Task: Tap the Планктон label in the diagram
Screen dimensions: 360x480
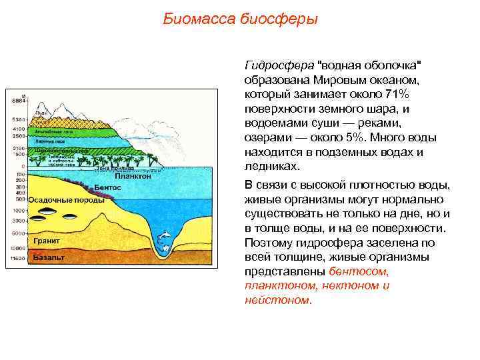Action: [x=133, y=177]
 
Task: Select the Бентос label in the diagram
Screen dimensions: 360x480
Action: [x=107, y=188]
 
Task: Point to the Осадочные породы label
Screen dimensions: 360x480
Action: [x=66, y=200]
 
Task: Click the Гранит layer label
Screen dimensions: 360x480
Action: [x=46, y=240]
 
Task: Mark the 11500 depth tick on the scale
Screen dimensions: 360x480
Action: [x=17, y=258]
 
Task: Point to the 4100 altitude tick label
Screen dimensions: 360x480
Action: [x=18, y=128]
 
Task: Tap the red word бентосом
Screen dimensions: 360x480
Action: [x=359, y=271]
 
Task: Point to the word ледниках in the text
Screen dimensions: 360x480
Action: [x=273, y=167]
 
